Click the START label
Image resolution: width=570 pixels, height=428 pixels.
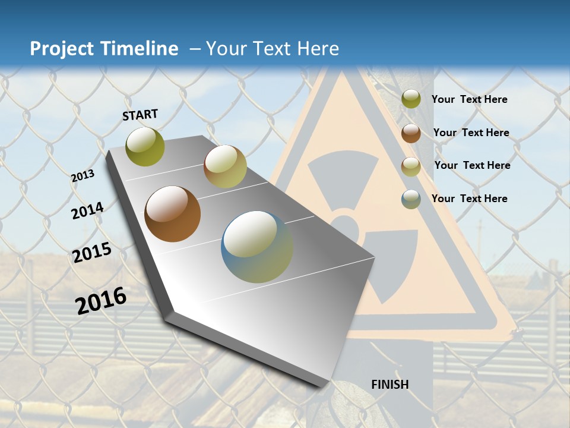tap(140, 115)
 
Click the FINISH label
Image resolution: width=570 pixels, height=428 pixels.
tap(390, 385)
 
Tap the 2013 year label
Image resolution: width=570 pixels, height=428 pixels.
tap(83, 176)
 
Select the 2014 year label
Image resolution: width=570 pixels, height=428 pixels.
tap(87, 210)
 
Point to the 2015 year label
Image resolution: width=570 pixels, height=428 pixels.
tap(92, 253)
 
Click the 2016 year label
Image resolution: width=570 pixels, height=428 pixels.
tap(101, 301)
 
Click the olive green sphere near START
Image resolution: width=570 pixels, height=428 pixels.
tap(145, 146)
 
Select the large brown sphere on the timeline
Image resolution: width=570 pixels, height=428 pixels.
tap(172, 214)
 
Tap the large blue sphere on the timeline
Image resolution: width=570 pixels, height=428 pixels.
tap(257, 247)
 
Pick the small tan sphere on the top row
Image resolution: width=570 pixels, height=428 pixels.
tap(225, 166)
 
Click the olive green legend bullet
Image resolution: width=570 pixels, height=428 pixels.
tap(411, 99)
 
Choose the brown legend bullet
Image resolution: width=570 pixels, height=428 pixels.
tap(411, 133)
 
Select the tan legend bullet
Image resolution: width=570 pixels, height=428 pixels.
tap(411, 166)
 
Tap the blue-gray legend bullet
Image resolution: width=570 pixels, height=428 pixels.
tap(411, 199)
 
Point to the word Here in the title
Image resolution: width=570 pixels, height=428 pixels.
tap(318, 49)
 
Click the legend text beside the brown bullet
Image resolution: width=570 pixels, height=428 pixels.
tap(471, 133)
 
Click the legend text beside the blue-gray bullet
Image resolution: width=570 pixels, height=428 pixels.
tap(469, 199)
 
